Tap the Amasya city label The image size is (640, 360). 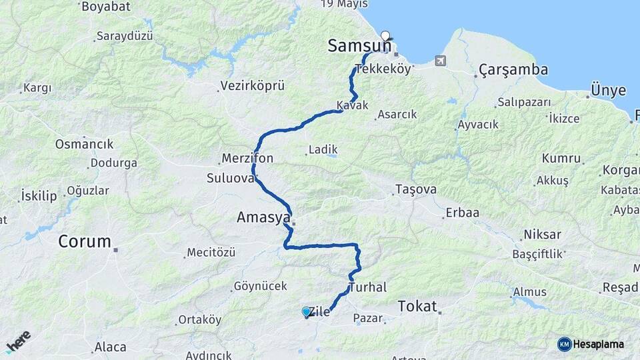point(264,218)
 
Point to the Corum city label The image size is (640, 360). point(85,241)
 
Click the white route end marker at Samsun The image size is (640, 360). point(385,35)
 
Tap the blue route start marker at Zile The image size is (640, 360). point(306,311)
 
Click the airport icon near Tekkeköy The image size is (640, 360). point(440,61)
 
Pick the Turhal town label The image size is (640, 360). point(367,288)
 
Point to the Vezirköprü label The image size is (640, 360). point(255,86)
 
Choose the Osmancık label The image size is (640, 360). point(84,144)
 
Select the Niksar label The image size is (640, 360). point(542,235)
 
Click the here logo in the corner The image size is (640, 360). point(18,341)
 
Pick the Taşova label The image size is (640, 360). point(415,189)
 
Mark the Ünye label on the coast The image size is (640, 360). point(608,90)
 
